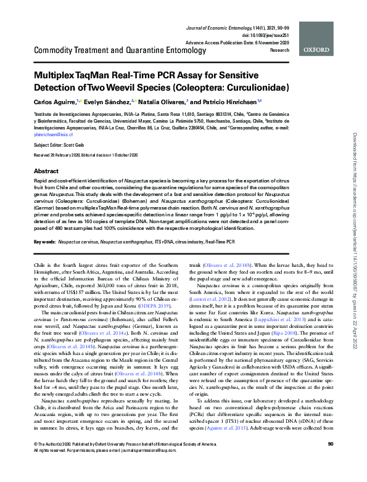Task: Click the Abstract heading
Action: pos(46,171)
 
